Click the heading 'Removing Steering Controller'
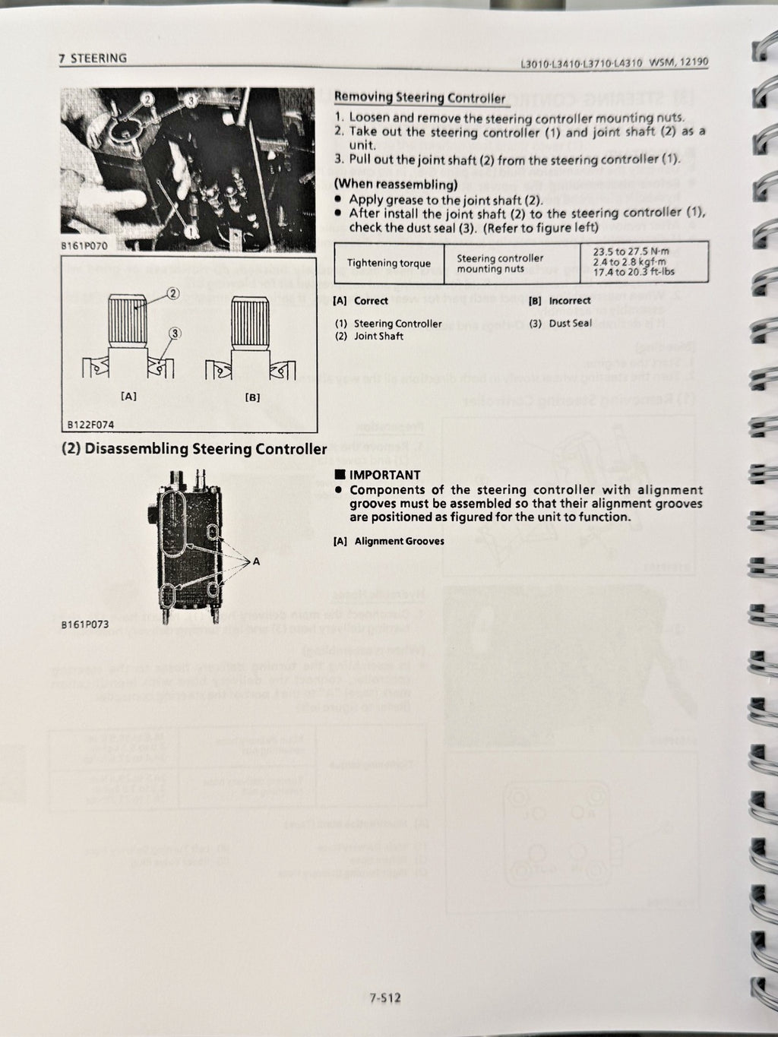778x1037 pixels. tap(419, 97)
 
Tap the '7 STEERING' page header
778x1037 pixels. tap(93, 58)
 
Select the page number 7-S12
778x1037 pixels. tap(384, 997)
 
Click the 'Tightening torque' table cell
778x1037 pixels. tap(388, 264)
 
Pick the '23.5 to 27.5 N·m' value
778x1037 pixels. tap(644, 250)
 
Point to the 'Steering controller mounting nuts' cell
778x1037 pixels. tap(499, 264)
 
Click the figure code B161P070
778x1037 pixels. tap(84, 246)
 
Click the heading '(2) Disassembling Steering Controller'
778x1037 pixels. tap(194, 449)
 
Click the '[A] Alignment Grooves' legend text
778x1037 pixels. tap(388, 541)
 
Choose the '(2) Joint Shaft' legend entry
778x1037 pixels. tap(369, 336)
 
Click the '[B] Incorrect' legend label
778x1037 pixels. tap(559, 301)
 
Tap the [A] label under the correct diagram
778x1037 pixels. tap(128, 397)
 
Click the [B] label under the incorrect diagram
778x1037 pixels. tap(252, 397)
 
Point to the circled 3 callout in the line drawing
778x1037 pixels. tap(175, 332)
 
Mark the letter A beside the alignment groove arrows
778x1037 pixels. tap(256, 561)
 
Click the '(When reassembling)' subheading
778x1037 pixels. tap(396, 185)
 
